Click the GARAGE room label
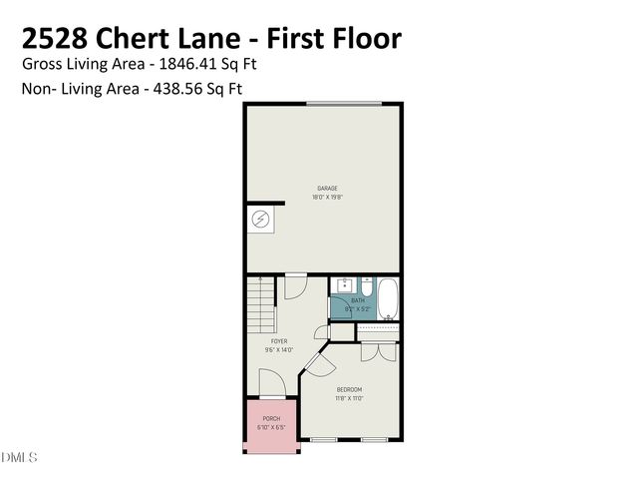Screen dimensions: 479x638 point(327,188)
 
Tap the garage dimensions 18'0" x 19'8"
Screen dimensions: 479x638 point(327,197)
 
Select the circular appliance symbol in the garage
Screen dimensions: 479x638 point(260,219)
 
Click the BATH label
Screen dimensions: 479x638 point(358,300)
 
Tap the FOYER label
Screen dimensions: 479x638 point(279,341)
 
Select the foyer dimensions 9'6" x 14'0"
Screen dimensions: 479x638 point(279,350)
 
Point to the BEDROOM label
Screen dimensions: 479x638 point(349,389)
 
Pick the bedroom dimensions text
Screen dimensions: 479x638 point(349,398)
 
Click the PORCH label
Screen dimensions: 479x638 point(271,418)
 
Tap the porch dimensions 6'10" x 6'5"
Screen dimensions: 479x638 point(271,427)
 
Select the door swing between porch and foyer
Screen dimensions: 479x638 point(271,385)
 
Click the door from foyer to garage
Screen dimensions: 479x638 point(297,285)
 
